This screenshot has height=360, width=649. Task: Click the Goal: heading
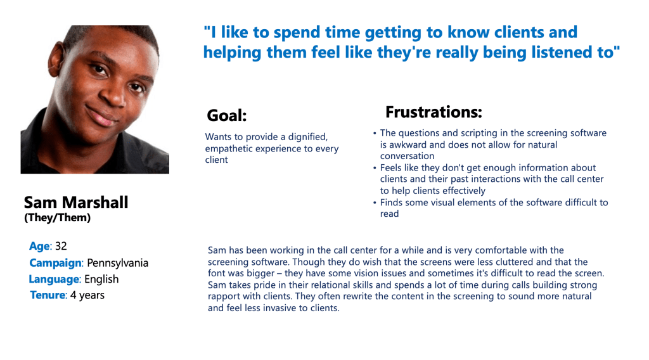226,115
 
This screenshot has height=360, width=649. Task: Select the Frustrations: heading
434,112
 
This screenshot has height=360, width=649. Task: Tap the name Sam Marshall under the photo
76,202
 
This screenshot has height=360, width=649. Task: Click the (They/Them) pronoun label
57,217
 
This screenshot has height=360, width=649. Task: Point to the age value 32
61,246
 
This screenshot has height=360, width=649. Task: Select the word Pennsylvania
117,263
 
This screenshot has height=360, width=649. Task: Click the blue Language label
55,280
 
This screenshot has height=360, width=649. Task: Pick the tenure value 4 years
87,295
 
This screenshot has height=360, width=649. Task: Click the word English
101,280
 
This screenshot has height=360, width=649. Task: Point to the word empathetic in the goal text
229,149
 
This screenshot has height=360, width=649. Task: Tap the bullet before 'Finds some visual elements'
375,203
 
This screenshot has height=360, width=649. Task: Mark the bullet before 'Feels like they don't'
375,168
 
